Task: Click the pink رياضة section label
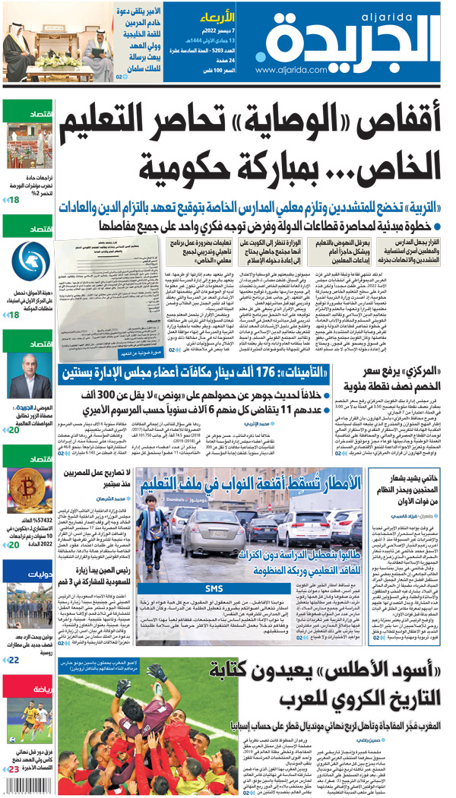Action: click(x=30, y=690)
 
